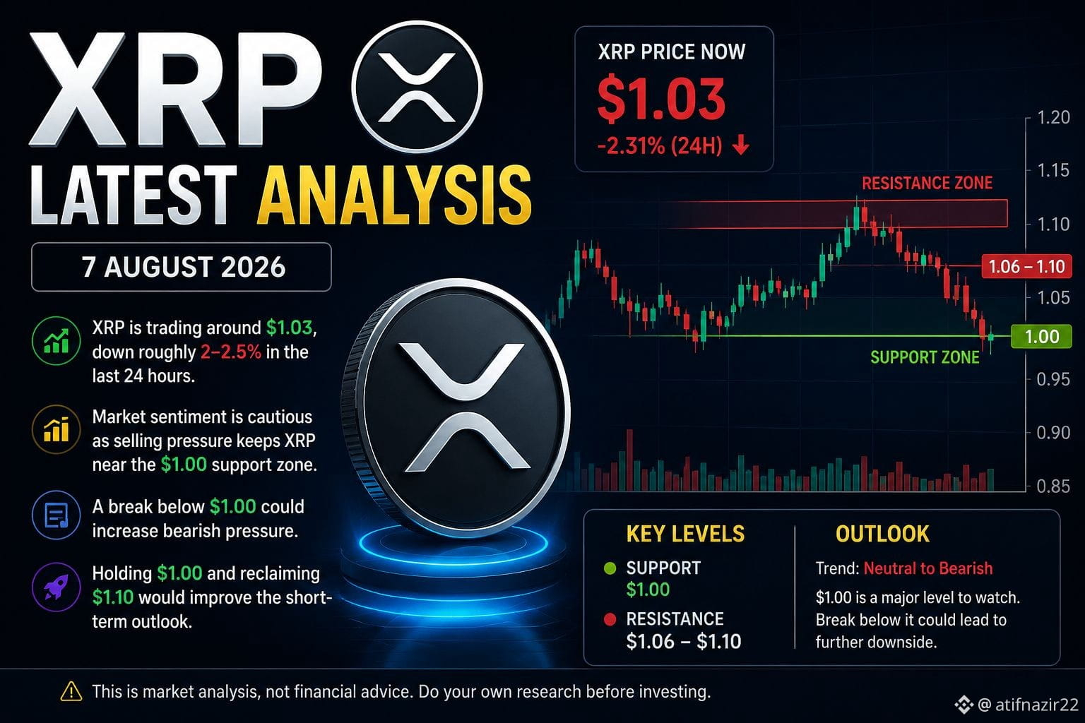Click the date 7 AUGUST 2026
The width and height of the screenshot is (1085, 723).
pos(184,267)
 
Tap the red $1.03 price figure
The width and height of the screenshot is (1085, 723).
pos(661,98)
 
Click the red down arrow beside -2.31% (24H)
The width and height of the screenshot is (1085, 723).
pos(740,145)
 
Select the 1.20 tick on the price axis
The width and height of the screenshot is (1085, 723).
pos(1053,118)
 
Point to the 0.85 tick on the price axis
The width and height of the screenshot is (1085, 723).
pos(1053,486)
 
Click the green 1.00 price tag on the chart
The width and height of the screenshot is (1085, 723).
pos(1041,336)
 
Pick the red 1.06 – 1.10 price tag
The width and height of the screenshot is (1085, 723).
pos(1026,266)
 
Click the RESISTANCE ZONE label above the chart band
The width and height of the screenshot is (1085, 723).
pos(927,183)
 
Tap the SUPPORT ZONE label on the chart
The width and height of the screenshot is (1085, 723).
pos(925,357)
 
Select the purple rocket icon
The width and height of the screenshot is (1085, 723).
pos(57,587)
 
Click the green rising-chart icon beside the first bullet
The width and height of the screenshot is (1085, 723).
pos(57,340)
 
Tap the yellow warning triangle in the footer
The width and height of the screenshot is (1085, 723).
pos(71,691)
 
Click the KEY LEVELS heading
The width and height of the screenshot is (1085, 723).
pos(685,534)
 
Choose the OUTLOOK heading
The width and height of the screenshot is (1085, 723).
pos(882,534)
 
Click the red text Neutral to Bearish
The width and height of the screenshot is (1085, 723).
pos(928,568)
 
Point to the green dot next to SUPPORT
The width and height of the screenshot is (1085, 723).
pos(610,568)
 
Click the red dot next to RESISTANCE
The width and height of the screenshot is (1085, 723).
pos(610,619)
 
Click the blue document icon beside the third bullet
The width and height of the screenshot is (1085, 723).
pos(57,515)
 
